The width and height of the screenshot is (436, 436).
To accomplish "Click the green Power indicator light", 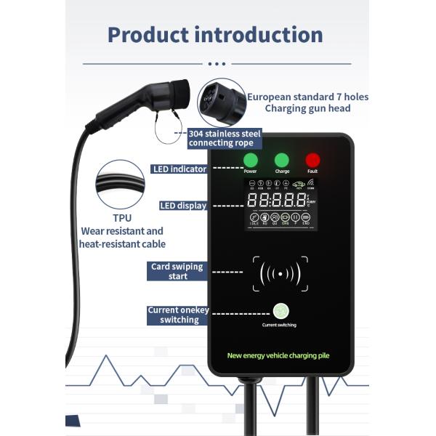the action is tap(250, 161).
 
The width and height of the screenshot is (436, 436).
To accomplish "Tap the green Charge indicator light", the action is tap(282, 161).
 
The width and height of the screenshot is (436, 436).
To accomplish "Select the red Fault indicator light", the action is tap(312, 161).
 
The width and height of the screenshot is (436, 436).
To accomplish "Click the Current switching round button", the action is tap(279, 310).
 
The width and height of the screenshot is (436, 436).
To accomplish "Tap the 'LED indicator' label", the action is tap(179, 169).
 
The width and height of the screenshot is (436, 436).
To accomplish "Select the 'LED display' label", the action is tap(183, 206).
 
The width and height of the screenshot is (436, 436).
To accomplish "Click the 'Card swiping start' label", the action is tap(178, 271).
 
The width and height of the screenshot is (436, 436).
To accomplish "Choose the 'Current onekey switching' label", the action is tap(178, 315).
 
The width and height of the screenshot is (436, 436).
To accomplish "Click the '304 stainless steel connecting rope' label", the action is tap(224, 138).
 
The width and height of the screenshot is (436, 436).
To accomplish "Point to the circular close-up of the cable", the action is tap(121, 185).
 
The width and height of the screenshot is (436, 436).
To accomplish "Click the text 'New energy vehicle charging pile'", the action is tap(280, 355).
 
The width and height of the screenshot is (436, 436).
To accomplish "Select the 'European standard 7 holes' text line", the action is tap(307, 96).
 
